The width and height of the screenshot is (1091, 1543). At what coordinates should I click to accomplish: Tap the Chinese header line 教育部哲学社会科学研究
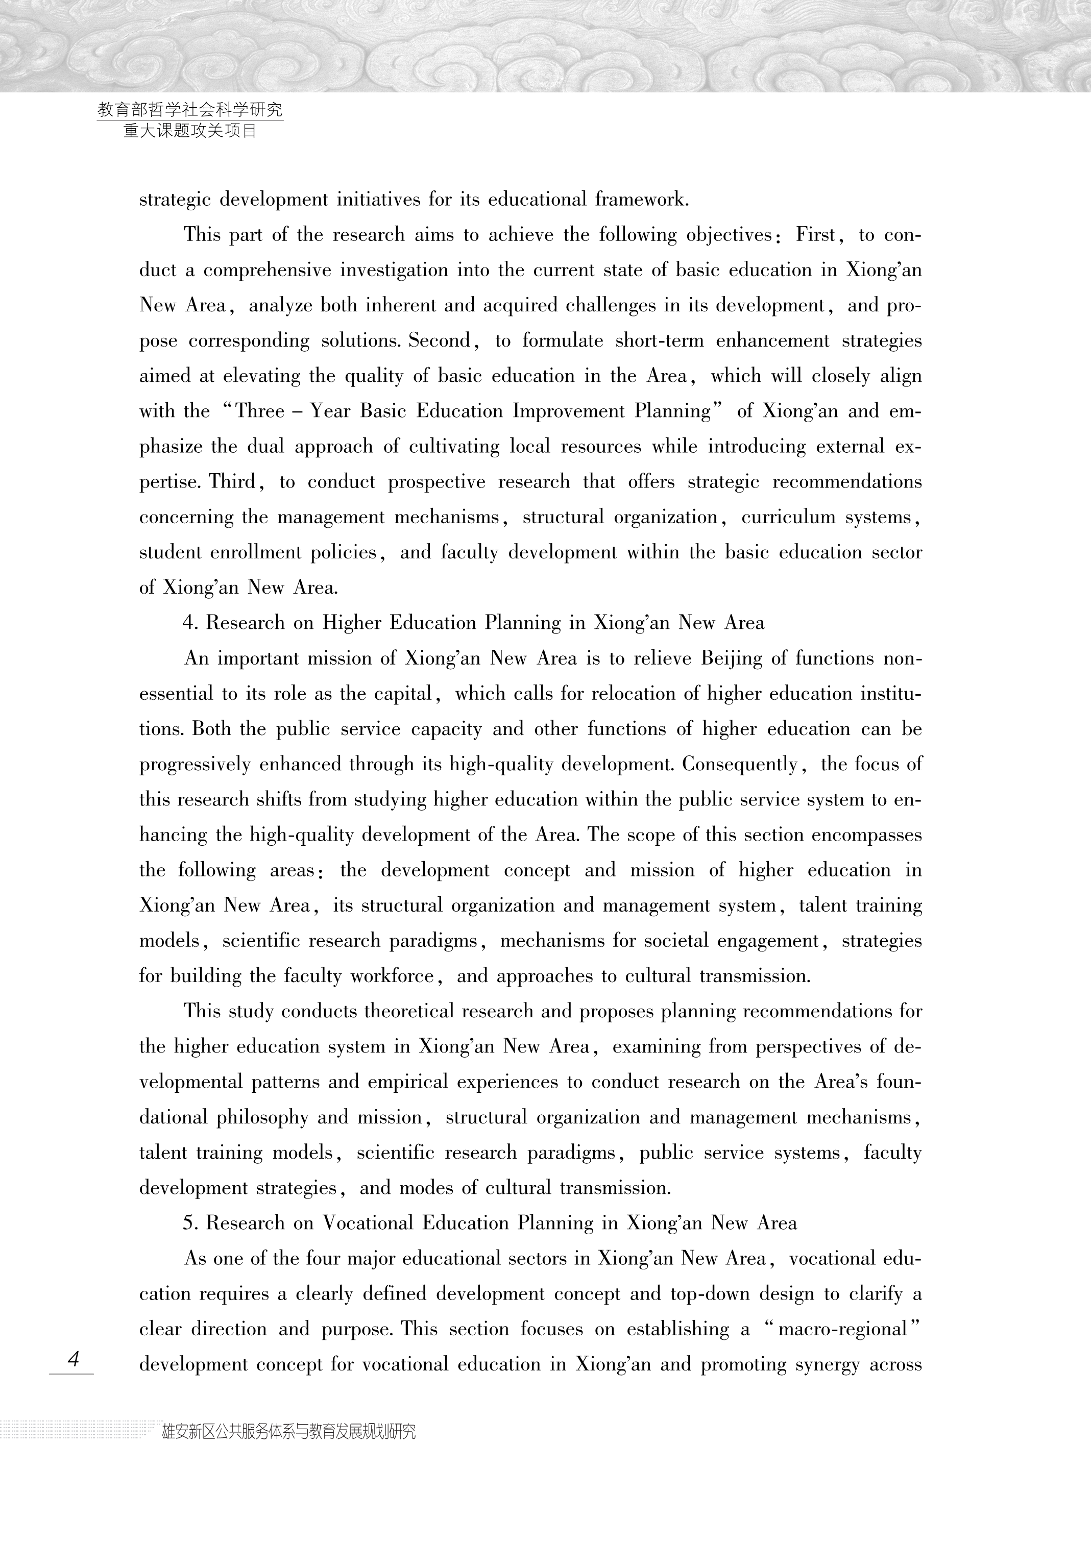pos(190,110)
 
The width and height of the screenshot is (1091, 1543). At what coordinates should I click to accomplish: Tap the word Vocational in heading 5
pos(367,1222)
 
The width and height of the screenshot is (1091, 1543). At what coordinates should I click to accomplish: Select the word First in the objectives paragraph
pos(816,235)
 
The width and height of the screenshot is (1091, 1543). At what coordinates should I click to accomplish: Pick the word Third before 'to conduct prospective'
pos(233,482)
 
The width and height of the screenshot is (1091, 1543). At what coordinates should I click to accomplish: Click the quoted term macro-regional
pos(843,1329)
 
